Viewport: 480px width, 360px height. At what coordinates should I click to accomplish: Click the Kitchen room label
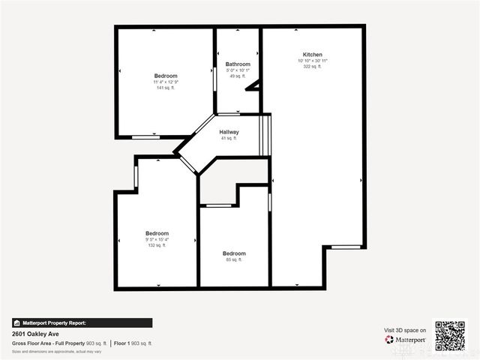pyautogui.click(x=313, y=55)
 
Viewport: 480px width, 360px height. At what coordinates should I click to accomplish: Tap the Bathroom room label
pyautogui.click(x=238, y=64)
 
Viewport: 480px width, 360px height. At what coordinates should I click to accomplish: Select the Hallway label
pyautogui.click(x=229, y=132)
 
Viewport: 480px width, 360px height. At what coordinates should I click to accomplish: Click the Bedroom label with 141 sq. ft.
pyautogui.click(x=165, y=76)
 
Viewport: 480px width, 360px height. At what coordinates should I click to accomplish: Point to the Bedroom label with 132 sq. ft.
pyautogui.click(x=157, y=233)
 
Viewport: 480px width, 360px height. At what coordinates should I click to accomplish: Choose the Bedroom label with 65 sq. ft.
pyautogui.click(x=234, y=253)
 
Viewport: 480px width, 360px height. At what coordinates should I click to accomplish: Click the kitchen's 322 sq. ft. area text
pyautogui.click(x=313, y=67)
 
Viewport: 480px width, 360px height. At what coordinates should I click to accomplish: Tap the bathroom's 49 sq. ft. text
pyautogui.click(x=238, y=76)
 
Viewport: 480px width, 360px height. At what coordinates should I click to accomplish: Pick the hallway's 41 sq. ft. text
pyautogui.click(x=229, y=139)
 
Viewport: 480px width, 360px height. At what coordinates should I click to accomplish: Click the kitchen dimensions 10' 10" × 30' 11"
pyautogui.click(x=313, y=61)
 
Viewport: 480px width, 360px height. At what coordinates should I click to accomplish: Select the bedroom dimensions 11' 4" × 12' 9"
pyautogui.click(x=165, y=82)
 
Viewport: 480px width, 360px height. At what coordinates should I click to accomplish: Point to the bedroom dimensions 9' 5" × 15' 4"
pyautogui.click(x=157, y=239)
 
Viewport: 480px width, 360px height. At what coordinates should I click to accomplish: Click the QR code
pyautogui.click(x=450, y=336)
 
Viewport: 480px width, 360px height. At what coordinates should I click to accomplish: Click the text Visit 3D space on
pyautogui.click(x=405, y=330)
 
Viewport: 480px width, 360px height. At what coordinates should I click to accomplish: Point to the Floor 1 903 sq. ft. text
pyautogui.click(x=133, y=343)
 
